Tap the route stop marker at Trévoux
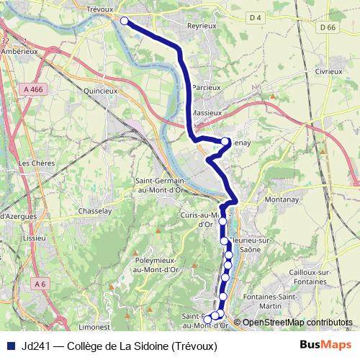click(124, 21)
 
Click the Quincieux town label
click(100, 91)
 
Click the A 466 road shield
click(33, 89)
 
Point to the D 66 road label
click(327, 27)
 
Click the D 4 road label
click(256, 16)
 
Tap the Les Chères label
click(34, 163)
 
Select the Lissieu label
click(34, 237)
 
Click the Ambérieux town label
click(19, 51)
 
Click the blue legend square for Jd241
click(9, 346)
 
